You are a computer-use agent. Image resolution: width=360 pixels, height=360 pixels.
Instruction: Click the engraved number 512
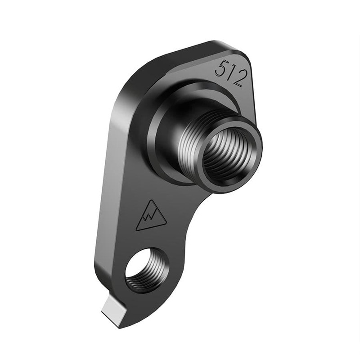(230, 72)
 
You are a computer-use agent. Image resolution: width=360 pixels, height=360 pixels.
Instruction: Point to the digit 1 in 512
(230, 72)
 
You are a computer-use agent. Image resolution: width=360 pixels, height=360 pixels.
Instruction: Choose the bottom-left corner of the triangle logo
(137, 230)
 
